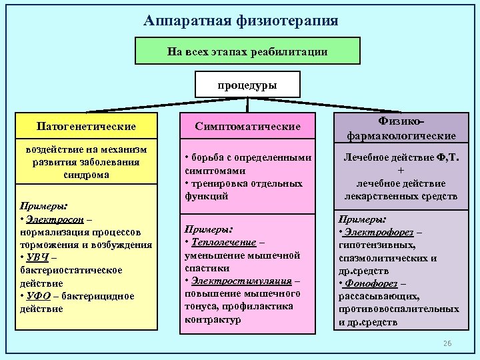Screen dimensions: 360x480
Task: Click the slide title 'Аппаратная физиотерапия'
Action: click(241, 21)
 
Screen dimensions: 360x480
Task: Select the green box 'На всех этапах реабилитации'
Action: click(247, 51)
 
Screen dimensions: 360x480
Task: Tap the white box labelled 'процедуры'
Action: click(247, 85)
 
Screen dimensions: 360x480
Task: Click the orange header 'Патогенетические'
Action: click(87, 126)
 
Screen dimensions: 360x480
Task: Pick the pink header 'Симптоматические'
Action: click(248, 126)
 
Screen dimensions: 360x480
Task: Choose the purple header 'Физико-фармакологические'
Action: click(401, 129)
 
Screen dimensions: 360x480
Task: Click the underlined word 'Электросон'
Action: click(55, 219)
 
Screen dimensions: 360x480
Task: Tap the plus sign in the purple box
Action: click(401, 171)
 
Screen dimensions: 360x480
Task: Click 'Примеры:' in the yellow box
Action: click(41, 206)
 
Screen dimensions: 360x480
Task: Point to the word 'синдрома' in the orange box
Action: click(87, 175)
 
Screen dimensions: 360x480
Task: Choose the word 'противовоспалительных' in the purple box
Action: click(399, 309)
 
